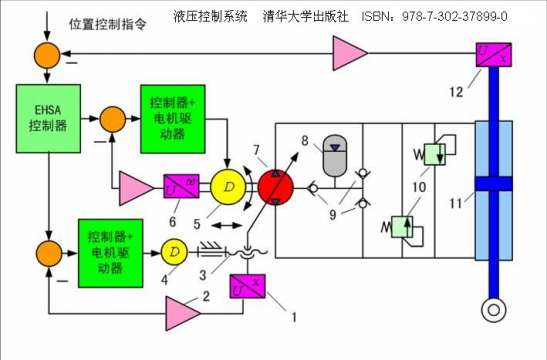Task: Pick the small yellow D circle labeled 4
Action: pyautogui.click(x=174, y=249)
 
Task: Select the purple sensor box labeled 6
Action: pyautogui.click(x=181, y=186)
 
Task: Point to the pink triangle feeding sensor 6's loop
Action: pyautogui.click(x=132, y=185)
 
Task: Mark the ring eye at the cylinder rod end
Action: pyautogui.click(x=491, y=311)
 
